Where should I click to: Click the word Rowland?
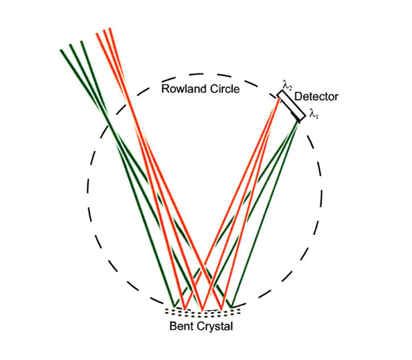tap(182, 89)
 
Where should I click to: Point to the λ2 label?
tap(287, 86)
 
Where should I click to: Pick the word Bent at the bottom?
tap(182, 327)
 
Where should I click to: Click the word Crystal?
tap(215, 327)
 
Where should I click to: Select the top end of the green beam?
tap(72, 47)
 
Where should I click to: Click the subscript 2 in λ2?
tap(290, 88)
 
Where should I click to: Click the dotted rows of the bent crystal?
tap(203, 313)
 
